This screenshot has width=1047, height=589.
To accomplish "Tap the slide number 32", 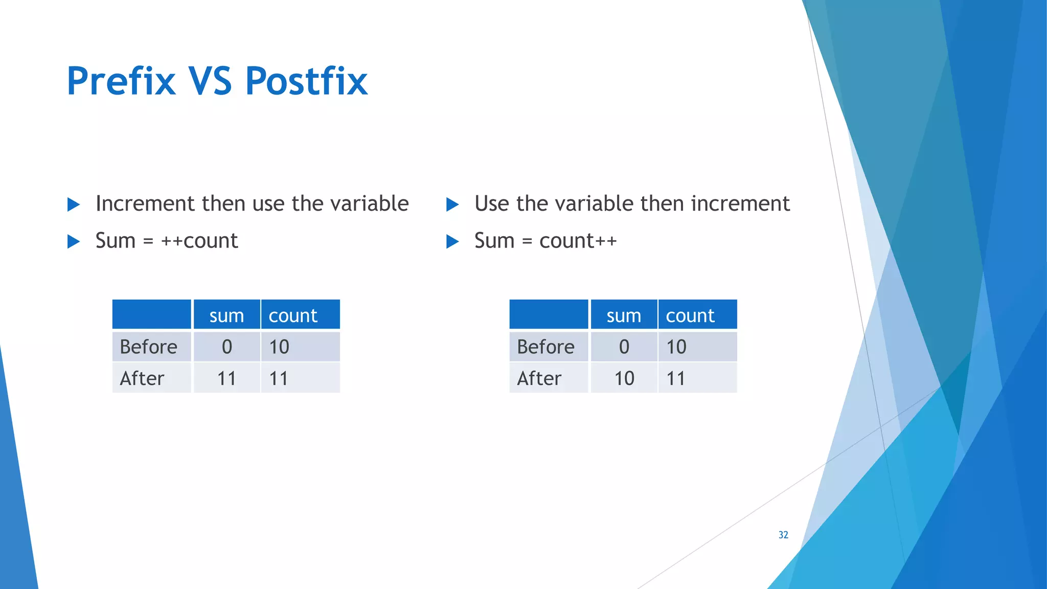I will click(783, 535).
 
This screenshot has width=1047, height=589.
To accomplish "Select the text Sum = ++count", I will click(167, 241).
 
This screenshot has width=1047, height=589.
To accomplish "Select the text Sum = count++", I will click(545, 241).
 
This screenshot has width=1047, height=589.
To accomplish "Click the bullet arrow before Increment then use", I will click(74, 205).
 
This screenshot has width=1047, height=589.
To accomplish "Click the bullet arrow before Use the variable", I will click(452, 205).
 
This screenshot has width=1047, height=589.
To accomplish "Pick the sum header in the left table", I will click(226, 315).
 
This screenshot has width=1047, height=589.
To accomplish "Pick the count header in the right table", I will click(690, 315).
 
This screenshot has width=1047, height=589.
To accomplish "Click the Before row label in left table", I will click(148, 347).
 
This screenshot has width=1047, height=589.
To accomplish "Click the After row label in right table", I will click(539, 379).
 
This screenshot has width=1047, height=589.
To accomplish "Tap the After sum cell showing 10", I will click(624, 379).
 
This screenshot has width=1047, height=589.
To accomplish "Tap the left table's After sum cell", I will click(226, 379).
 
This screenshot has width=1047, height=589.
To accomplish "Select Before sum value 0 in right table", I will click(624, 347).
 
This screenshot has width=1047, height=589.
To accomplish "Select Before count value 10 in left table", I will click(279, 347).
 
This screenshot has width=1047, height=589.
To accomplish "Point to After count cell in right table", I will click(676, 379).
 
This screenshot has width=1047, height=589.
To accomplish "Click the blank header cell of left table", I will click(152, 314).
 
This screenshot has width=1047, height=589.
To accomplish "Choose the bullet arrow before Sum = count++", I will click(452, 241).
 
